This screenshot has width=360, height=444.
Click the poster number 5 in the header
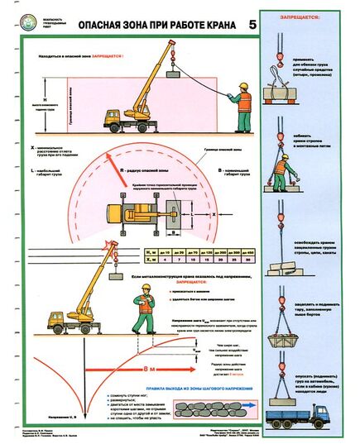[x=251, y=26]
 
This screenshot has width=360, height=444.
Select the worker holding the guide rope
[x=242, y=108]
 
